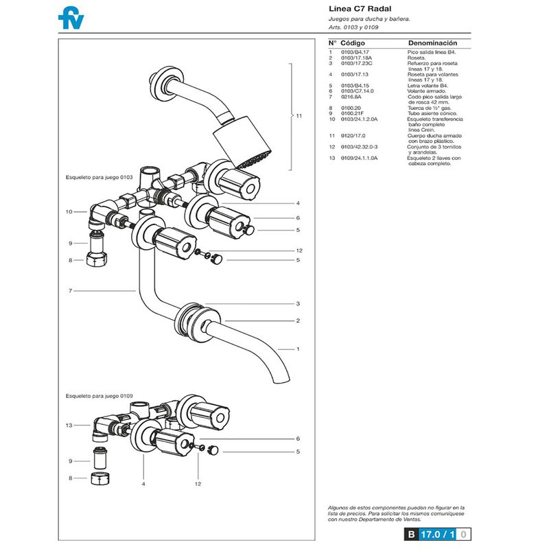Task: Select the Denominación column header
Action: (432, 43)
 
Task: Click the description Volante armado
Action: (426, 91)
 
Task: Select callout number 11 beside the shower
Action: (299, 116)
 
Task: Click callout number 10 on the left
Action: (69, 211)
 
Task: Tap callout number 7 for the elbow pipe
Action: (70, 291)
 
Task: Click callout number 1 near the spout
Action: (298, 349)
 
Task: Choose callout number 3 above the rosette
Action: (298, 303)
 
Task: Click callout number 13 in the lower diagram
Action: (69, 425)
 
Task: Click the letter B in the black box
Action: (410, 533)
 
